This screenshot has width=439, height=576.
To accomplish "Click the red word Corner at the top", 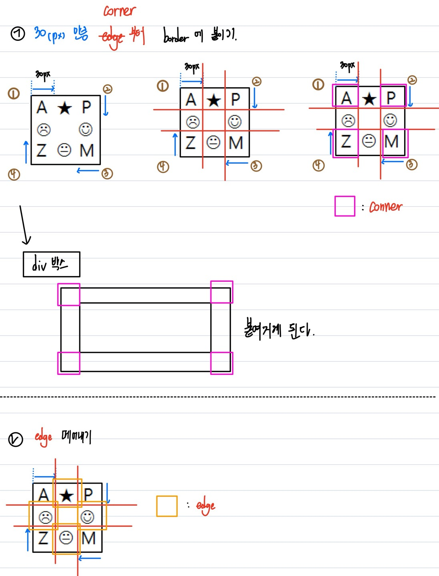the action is [120, 11].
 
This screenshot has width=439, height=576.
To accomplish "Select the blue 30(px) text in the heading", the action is [49, 34].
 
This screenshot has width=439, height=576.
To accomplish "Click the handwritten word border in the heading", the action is [175, 36].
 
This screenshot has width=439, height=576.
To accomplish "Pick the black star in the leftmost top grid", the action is [64, 108].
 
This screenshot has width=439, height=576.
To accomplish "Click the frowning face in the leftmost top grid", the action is [43, 130].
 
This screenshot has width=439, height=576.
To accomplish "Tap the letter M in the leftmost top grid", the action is [87, 150].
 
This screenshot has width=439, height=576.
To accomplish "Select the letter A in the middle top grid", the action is [191, 100].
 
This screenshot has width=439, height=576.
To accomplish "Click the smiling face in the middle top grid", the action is [235, 122].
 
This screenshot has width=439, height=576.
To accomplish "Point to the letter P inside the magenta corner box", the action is [391, 97].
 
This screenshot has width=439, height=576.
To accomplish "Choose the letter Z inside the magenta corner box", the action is [346, 141].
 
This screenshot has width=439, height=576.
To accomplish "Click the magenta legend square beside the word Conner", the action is [345, 206].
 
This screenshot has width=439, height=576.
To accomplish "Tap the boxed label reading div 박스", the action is [51, 264].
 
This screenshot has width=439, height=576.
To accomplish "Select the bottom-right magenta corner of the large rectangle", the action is [222, 363].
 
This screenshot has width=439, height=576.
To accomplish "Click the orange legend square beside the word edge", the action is [167, 506].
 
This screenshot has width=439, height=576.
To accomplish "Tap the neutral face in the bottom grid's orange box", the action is [66, 538].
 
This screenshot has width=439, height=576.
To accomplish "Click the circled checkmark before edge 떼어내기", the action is [16, 440].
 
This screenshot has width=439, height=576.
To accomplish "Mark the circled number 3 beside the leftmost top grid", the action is [107, 174].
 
